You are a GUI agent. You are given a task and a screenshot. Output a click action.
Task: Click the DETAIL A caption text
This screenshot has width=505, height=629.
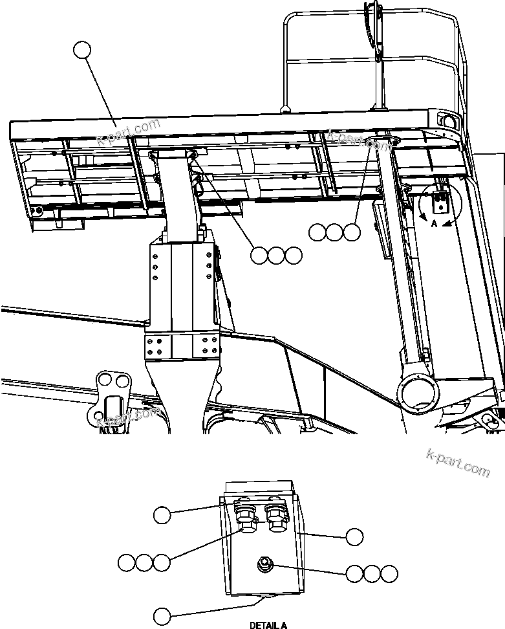(268, 625)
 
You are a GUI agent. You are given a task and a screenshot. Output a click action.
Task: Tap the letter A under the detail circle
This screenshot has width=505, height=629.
(435, 222)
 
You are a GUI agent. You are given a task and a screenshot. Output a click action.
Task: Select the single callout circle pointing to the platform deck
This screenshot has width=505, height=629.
(82, 50)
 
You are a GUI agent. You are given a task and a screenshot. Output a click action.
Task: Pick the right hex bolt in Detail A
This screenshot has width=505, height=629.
(276, 518)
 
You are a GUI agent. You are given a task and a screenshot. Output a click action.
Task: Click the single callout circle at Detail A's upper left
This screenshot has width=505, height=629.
(162, 515)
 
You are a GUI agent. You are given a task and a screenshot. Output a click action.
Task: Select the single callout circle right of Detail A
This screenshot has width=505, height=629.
(354, 536)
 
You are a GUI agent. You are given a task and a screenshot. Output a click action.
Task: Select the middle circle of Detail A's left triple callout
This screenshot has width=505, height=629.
(145, 562)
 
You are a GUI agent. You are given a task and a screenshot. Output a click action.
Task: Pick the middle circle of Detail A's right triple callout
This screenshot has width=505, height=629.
(371, 573)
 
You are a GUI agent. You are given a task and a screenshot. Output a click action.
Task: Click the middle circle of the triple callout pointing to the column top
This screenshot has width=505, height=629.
(276, 256)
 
